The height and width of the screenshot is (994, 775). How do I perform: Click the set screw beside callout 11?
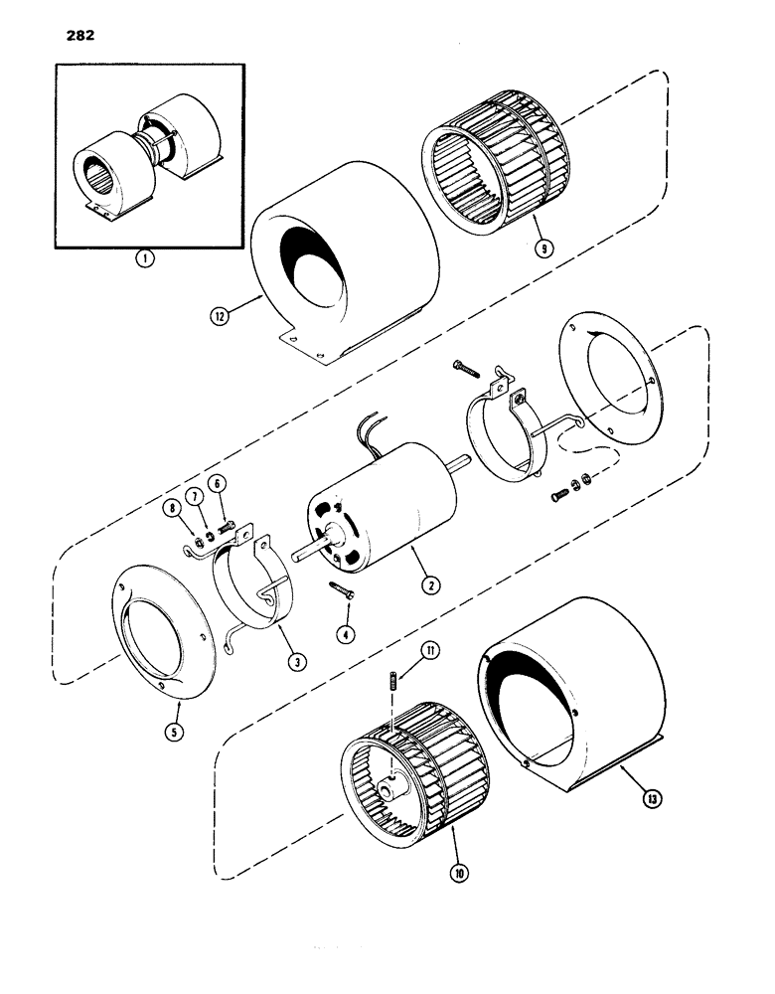coord(392,685)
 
